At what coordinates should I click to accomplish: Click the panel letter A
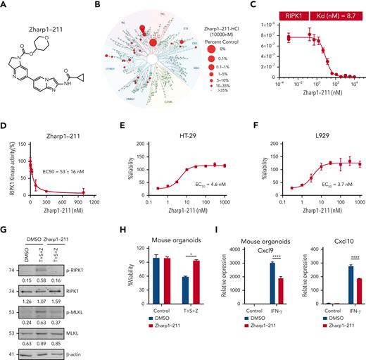tap(5, 5)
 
